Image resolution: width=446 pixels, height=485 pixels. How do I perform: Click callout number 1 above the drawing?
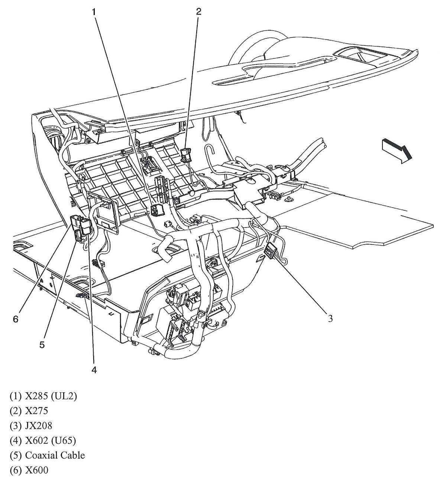pyautogui.click(x=94, y=12)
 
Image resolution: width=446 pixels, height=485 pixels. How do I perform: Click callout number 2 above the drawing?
pyautogui.click(x=198, y=12)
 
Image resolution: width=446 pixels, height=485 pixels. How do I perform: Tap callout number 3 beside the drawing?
pyautogui.click(x=330, y=318)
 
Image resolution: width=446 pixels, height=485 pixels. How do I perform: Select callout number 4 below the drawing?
pyautogui.click(x=94, y=370)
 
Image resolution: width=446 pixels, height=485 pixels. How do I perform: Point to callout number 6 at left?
pyautogui.click(x=15, y=319)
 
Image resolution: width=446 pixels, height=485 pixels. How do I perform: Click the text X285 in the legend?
pyautogui.click(x=38, y=396)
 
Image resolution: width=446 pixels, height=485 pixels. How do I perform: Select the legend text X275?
pyautogui.click(x=36, y=411)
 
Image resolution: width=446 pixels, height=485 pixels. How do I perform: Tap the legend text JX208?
pyautogui.click(x=39, y=426)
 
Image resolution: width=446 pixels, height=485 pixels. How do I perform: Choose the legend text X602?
pyautogui.click(x=38, y=441)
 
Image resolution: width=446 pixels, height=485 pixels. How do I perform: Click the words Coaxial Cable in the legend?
pyautogui.click(x=55, y=455)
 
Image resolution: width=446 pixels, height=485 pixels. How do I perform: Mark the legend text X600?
pyautogui.click(x=36, y=470)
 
